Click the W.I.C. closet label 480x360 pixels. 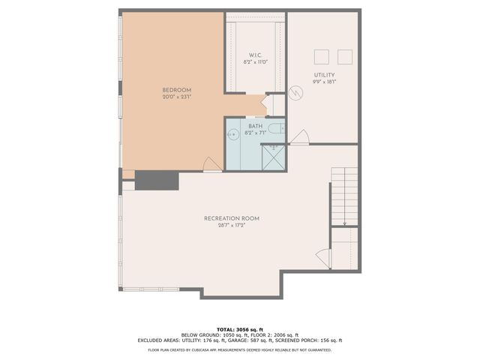[x=255, y=55]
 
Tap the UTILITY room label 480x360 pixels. [x=324, y=75]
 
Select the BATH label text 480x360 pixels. [x=255, y=126]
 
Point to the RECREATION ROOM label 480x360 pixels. [x=232, y=218]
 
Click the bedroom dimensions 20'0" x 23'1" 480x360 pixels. [x=177, y=97]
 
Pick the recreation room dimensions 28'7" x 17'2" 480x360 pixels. [x=232, y=225]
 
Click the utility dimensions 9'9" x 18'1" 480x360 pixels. [x=324, y=82]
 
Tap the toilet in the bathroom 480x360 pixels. [x=275, y=128]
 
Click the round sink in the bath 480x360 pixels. [x=232, y=135]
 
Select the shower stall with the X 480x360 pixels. [x=273, y=155]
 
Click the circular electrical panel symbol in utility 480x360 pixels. [x=295, y=93]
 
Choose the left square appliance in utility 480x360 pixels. [x=322, y=56]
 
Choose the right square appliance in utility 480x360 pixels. [x=345, y=56]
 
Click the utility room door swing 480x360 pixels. [x=300, y=137]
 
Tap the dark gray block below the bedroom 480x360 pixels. [x=156, y=180]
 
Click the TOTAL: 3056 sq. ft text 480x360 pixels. [x=240, y=329]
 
